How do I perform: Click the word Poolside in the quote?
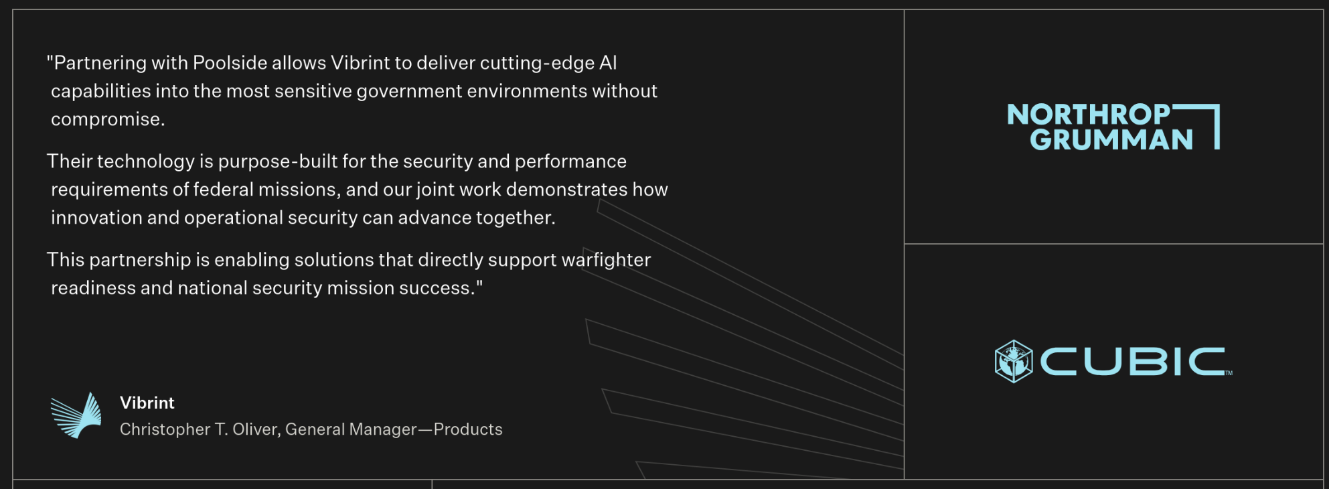[x=230, y=63]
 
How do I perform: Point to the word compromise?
[x=108, y=120]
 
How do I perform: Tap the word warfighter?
[x=606, y=260]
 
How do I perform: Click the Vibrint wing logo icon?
[x=76, y=415]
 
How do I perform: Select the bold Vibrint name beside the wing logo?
[x=147, y=403]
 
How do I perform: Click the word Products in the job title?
[x=468, y=429]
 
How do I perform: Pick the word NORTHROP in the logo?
[x=1089, y=115]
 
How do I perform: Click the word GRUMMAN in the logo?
[x=1111, y=139]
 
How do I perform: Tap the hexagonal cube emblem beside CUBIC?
[x=1014, y=361]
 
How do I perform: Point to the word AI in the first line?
[x=608, y=63]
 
